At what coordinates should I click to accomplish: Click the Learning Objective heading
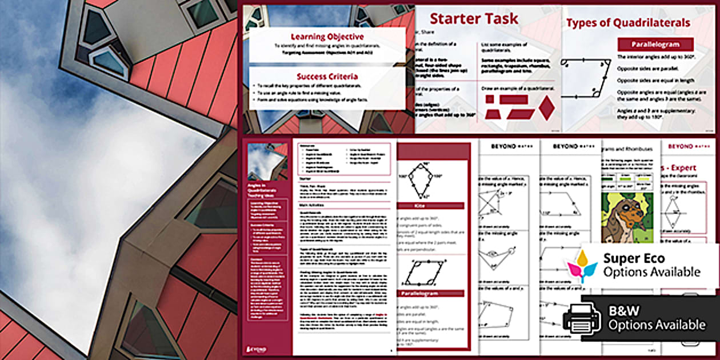point(327,36)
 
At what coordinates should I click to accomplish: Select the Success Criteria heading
point(327,76)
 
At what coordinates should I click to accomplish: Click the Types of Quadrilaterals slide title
point(628,23)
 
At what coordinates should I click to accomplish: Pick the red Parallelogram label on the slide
point(655,44)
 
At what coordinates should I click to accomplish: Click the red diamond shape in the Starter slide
point(547,107)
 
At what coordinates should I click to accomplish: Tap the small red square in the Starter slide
point(490,99)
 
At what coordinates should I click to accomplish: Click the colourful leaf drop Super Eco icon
point(582,265)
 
